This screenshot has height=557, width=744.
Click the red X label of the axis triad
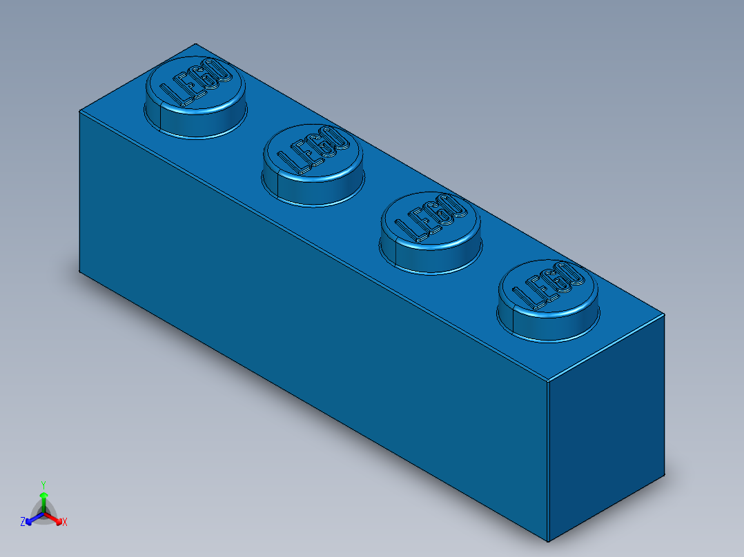point(65,523)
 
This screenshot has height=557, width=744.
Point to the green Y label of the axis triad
point(43,484)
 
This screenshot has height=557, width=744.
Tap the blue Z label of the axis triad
point(23,522)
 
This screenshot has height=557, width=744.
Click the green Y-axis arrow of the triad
point(43,499)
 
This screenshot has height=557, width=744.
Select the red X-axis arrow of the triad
point(57,518)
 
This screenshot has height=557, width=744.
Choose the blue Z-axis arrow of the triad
point(31,519)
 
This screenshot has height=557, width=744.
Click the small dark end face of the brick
point(606,427)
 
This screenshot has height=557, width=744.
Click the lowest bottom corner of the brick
point(548,542)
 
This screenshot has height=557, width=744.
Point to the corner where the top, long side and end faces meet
point(547,380)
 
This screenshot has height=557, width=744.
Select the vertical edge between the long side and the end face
point(547,462)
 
